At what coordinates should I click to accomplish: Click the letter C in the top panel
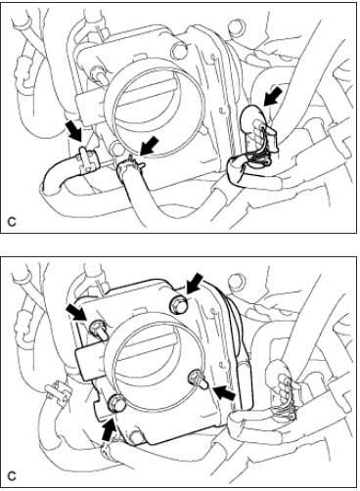coord(12,222)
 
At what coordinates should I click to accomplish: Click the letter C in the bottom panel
coord(12,476)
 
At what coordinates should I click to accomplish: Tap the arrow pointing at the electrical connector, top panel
coord(274,95)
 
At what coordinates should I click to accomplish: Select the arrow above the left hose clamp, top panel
coord(73,131)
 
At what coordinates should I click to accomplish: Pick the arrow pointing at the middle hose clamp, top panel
coord(149,146)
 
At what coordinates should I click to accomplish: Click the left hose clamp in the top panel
coord(88,158)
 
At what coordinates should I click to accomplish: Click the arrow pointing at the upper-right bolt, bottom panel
coord(195,284)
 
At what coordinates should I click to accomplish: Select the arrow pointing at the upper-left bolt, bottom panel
coord(77,312)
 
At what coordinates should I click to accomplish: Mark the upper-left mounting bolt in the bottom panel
coord(98,329)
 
